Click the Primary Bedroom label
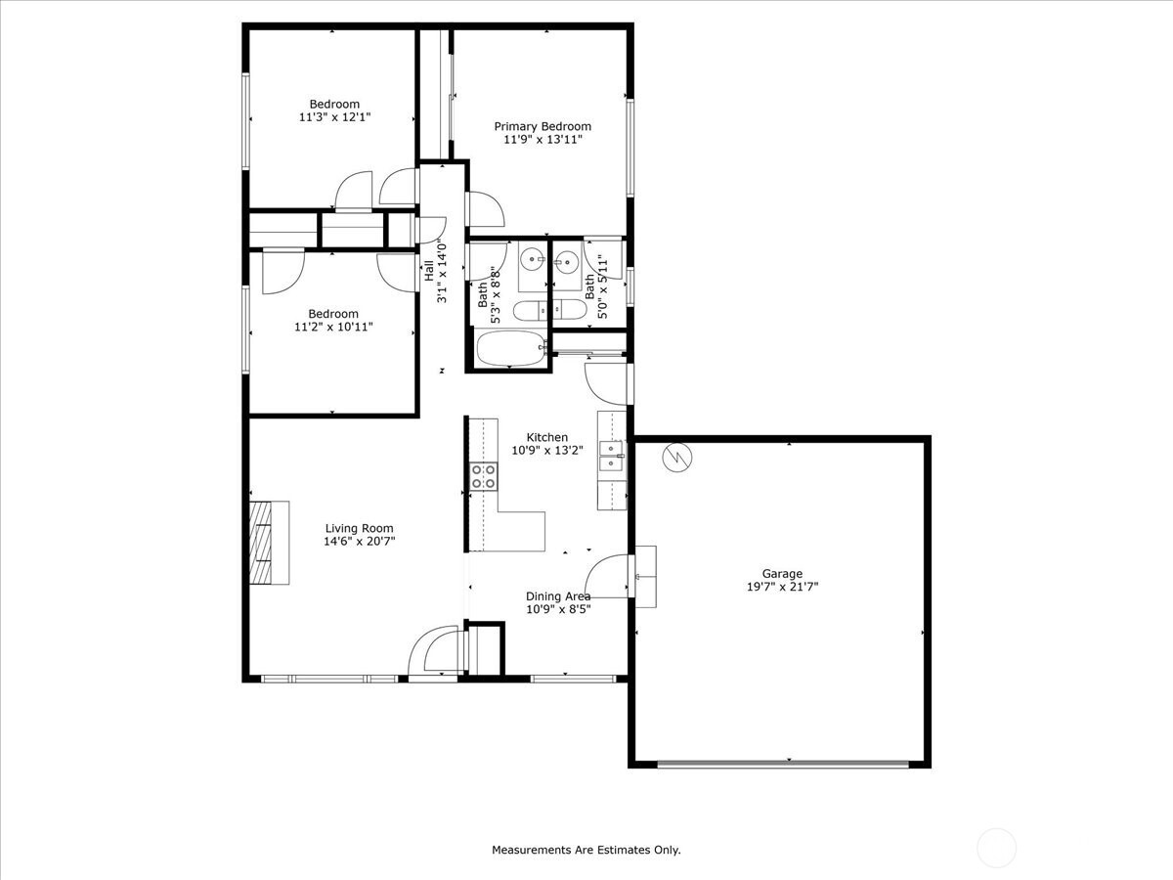[x=543, y=127]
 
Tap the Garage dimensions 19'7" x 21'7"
[x=782, y=587]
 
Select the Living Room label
[x=359, y=528]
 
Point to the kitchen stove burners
[x=484, y=476]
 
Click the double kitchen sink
[x=611, y=456]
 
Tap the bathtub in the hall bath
[x=511, y=348]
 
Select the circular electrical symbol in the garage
[x=677, y=458]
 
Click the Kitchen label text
[x=547, y=437]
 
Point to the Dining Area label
[x=558, y=596]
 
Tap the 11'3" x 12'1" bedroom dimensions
[x=334, y=117]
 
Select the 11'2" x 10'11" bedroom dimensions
[x=333, y=327]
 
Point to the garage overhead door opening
[x=783, y=764]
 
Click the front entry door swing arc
[x=434, y=649]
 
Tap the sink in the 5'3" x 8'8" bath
[x=533, y=260]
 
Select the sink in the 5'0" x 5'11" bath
[x=566, y=262]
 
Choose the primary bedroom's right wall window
[x=630, y=148]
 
